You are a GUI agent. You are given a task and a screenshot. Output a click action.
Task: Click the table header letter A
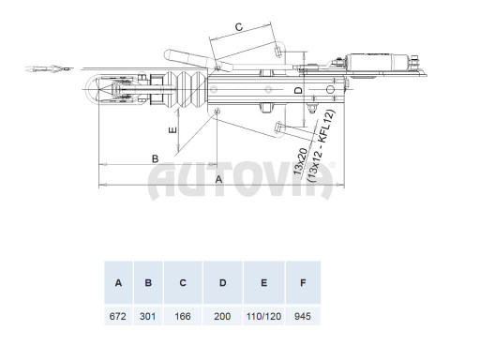(118, 281)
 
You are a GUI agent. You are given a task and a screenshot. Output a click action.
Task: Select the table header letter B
(147, 281)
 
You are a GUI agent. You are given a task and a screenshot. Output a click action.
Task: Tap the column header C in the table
(182, 281)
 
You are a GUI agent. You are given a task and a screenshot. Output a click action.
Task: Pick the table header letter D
(222, 281)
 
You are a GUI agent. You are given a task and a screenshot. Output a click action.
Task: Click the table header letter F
(303, 281)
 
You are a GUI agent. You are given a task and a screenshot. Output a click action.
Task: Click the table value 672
(118, 317)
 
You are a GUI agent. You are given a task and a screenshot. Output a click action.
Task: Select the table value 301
(147, 317)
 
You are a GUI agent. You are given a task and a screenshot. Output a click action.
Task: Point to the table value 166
(182, 317)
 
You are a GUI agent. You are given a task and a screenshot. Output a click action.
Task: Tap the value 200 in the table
(222, 317)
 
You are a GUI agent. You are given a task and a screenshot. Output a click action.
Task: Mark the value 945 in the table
(303, 317)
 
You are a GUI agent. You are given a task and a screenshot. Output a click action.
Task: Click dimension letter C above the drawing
(238, 28)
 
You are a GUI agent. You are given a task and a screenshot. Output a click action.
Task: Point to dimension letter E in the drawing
(172, 131)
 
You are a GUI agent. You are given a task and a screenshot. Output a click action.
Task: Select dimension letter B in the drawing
(153, 157)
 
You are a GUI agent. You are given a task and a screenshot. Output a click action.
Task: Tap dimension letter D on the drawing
(298, 90)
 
